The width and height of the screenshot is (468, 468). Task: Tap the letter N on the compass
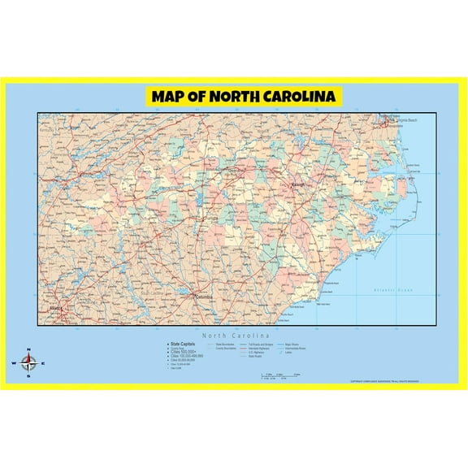28,350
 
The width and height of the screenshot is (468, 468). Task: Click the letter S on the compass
28,376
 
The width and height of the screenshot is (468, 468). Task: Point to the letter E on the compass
42,363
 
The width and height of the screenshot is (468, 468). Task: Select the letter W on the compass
14,363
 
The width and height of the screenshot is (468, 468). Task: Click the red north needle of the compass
28,357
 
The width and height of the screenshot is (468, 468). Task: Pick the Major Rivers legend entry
290,344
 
